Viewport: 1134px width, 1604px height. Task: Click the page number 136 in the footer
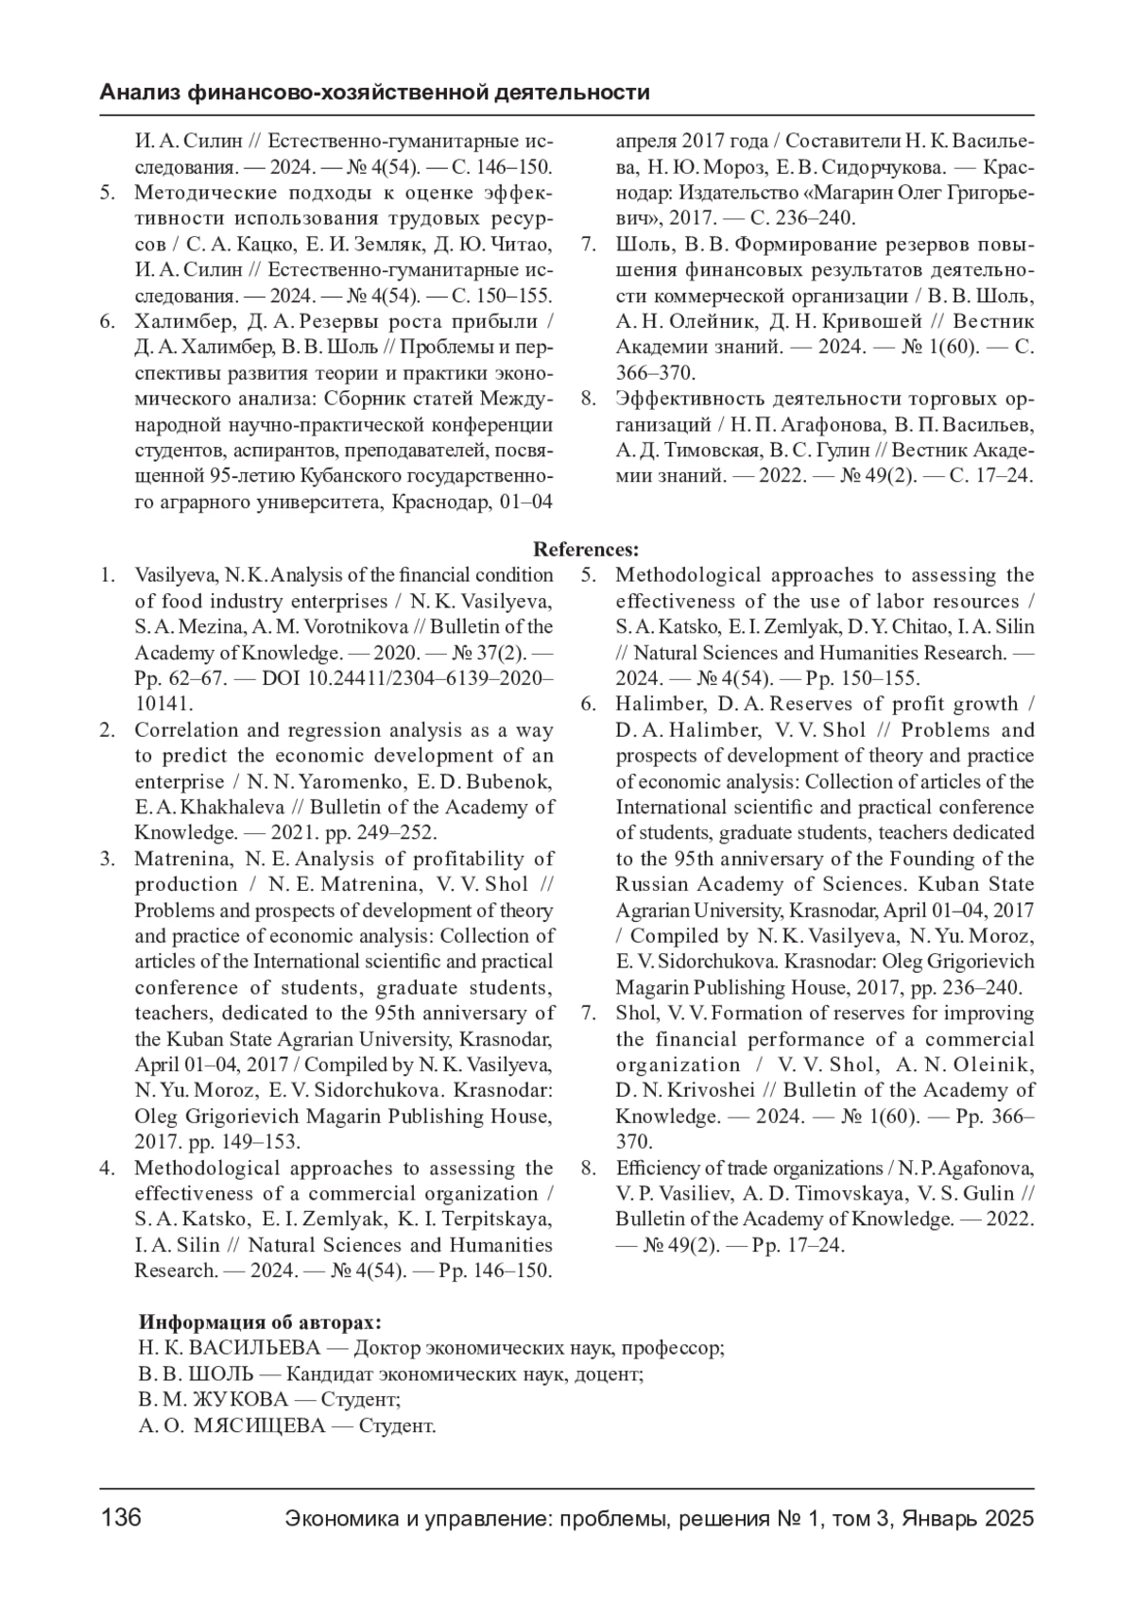121,1519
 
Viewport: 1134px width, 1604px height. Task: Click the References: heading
586,550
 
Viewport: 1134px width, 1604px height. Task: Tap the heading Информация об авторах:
260,1322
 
